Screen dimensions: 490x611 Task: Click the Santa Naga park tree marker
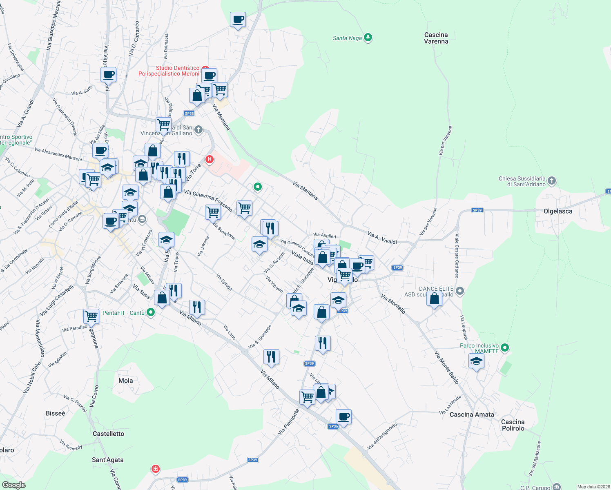[368, 38]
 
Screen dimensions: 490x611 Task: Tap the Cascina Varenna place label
[436, 38]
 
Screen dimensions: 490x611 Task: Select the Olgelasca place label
[557, 211]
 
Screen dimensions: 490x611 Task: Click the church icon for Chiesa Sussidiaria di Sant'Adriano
[551, 180]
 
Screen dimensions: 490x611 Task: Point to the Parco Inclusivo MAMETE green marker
[505, 348]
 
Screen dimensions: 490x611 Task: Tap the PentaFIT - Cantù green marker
[151, 312]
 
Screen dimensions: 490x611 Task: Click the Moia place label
[125, 380]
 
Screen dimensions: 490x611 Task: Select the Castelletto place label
[108, 433]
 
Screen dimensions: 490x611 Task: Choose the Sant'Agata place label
[107, 459]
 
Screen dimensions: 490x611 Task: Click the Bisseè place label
[56, 413]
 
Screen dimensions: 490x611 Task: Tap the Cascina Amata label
[472, 414]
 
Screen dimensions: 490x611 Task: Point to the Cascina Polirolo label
[513, 425]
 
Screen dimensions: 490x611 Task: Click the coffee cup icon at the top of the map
[238, 19]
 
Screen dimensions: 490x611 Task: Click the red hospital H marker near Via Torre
[210, 159]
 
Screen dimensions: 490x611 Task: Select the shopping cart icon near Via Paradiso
[91, 316]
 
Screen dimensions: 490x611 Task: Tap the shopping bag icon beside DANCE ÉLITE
[434, 298]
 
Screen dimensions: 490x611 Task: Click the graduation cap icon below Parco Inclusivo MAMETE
[476, 361]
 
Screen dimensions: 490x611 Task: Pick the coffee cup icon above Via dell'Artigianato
[343, 417]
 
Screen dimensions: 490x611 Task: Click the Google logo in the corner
[14, 485]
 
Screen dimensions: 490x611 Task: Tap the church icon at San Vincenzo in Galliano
[198, 130]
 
